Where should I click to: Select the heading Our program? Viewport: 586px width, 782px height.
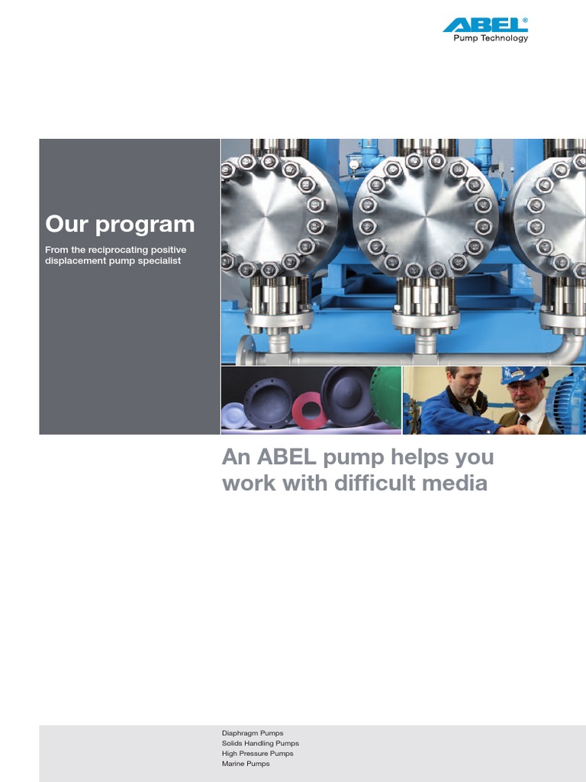point(120,224)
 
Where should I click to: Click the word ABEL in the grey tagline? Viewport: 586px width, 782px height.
point(291,457)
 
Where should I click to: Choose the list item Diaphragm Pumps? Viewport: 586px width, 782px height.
point(253,733)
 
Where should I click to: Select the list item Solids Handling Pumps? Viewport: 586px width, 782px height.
point(260,743)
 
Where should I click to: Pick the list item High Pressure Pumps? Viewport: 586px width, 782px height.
point(257,754)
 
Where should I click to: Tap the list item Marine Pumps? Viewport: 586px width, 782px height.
point(246,764)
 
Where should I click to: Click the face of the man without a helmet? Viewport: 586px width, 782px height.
point(467,382)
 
